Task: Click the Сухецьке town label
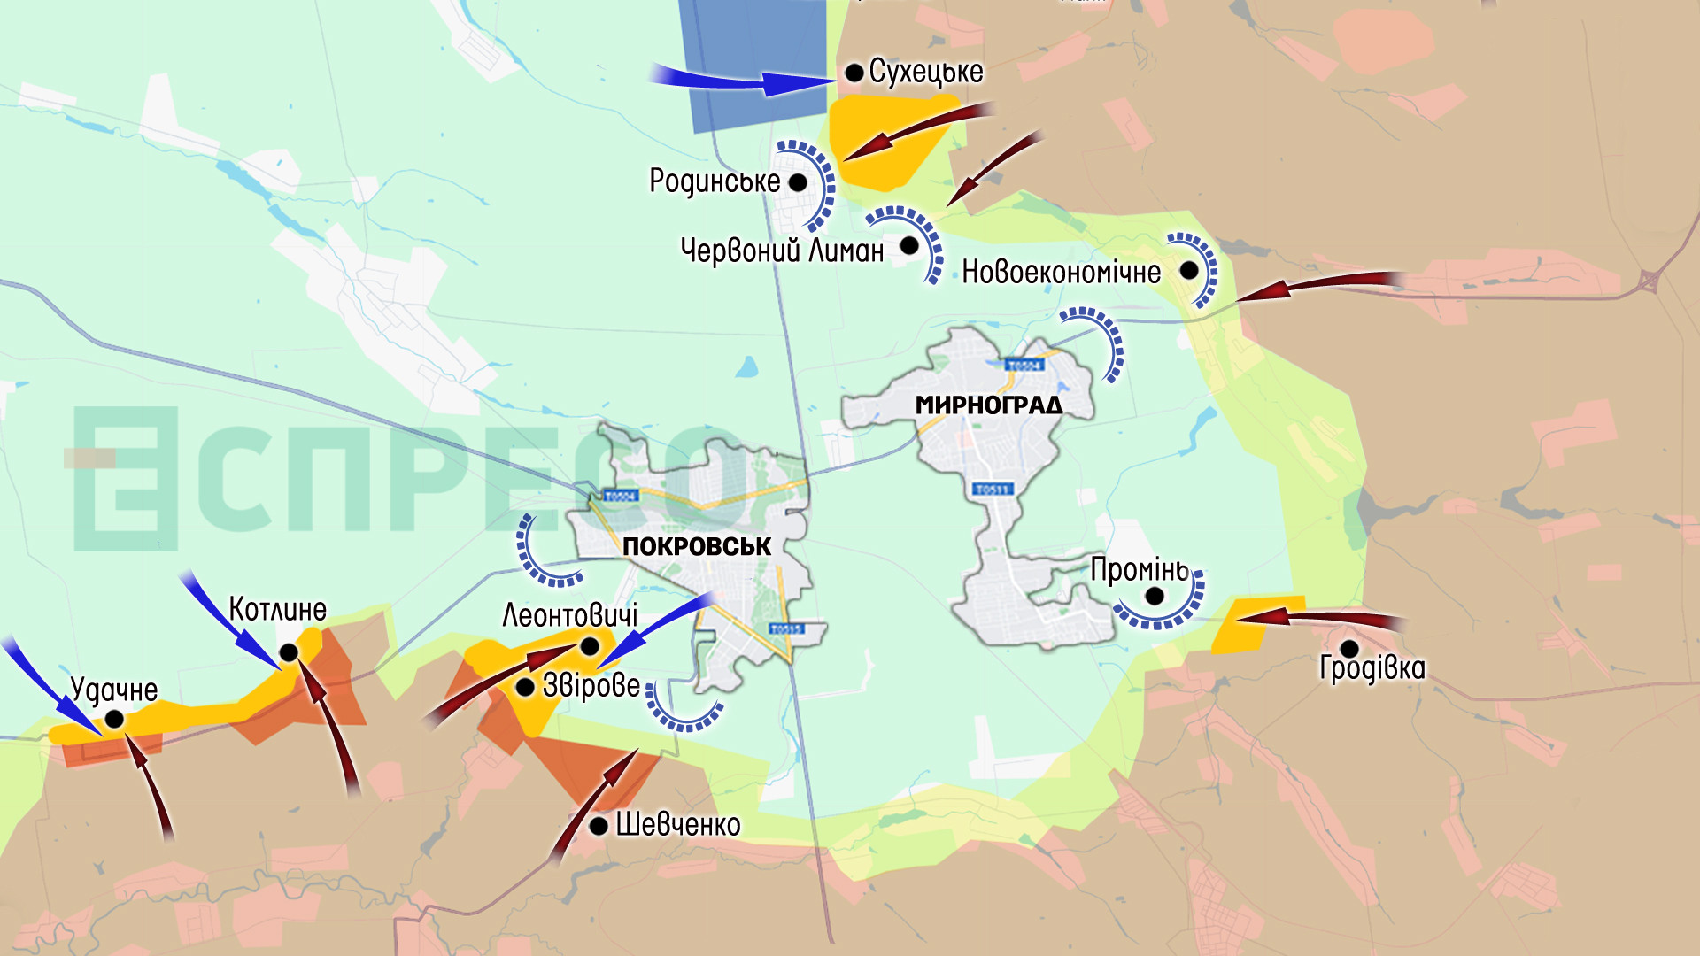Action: tap(925, 72)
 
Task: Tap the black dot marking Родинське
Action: tap(798, 182)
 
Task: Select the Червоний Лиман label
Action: tap(782, 251)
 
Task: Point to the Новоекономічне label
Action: tap(1061, 272)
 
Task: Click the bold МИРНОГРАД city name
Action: tap(988, 405)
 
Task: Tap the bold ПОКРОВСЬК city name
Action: tap(697, 546)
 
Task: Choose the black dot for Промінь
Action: tap(1155, 596)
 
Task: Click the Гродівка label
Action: tap(1372, 667)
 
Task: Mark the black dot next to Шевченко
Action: tap(599, 826)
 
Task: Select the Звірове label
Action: tap(591, 685)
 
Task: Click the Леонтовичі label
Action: tap(569, 615)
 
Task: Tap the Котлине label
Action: tap(277, 609)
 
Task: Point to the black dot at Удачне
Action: tap(114, 720)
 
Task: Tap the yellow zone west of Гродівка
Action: tap(1256, 623)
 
